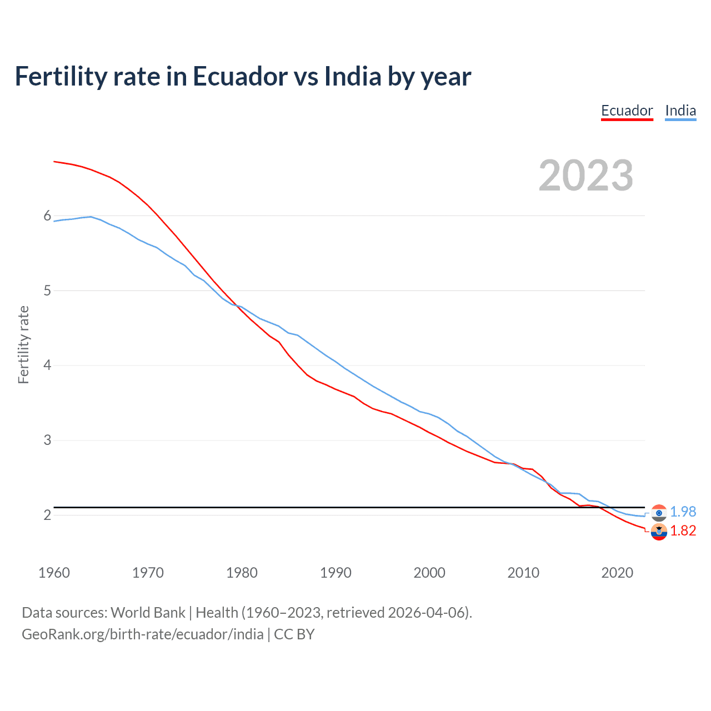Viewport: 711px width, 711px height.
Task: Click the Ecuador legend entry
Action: pyautogui.click(x=627, y=111)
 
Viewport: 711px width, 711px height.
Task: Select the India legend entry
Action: pyautogui.click(x=680, y=111)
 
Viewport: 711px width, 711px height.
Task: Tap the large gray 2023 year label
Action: pyautogui.click(x=585, y=176)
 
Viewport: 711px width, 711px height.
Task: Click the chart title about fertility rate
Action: pyautogui.click(x=243, y=76)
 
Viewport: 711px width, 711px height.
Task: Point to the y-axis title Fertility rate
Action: pyautogui.click(x=23, y=344)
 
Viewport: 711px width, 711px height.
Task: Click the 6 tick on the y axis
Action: pyautogui.click(x=47, y=216)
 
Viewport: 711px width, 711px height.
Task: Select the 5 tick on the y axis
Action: pyautogui.click(x=47, y=291)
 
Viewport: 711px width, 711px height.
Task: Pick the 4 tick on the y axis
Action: pyautogui.click(x=47, y=365)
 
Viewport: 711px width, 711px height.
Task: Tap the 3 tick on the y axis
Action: pyautogui.click(x=47, y=440)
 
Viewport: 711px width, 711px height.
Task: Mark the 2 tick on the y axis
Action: pyautogui.click(x=47, y=515)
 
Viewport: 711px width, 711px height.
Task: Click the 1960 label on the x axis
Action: pyautogui.click(x=54, y=573)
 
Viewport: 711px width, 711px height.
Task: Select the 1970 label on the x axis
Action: pyautogui.click(x=148, y=573)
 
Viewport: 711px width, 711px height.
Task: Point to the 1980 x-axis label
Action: pyautogui.click(x=242, y=573)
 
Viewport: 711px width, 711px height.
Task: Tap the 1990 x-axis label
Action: pyautogui.click(x=336, y=573)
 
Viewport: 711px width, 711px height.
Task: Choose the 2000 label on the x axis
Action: pyautogui.click(x=429, y=573)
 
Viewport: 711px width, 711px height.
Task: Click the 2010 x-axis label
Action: pyautogui.click(x=523, y=573)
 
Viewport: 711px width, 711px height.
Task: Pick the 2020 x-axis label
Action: pyautogui.click(x=617, y=573)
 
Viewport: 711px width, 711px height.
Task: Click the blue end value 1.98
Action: pyautogui.click(x=683, y=512)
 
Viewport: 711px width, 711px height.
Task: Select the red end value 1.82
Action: pyautogui.click(x=683, y=530)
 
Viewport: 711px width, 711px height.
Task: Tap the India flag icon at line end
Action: pyautogui.click(x=659, y=513)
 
